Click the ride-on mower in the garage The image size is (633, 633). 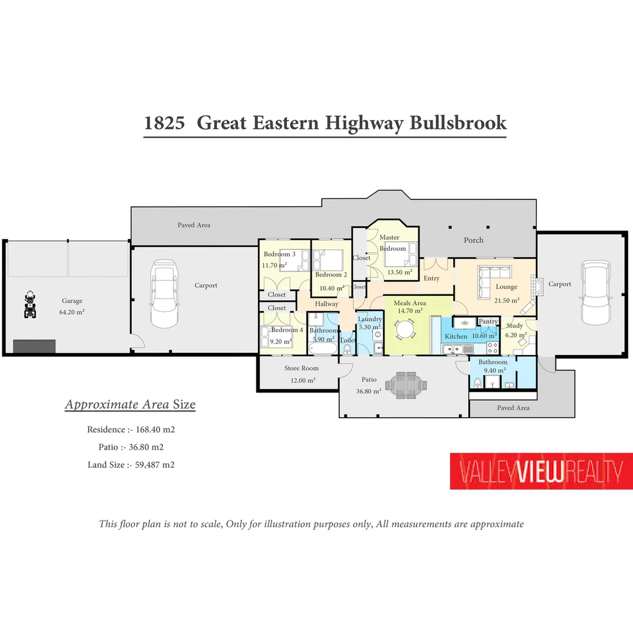[x=30, y=305]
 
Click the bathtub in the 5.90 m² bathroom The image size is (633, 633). [x=322, y=349]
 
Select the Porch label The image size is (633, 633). [x=474, y=240]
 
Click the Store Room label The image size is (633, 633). [x=301, y=369]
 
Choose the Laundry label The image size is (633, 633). [x=369, y=319]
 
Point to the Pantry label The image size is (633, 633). [x=488, y=321]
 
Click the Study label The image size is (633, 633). [x=515, y=326]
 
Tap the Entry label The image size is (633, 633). [x=431, y=278]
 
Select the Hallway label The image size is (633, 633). [x=326, y=304]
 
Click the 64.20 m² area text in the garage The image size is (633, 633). [x=72, y=312]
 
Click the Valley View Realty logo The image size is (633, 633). [x=541, y=471]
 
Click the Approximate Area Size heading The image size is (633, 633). [x=130, y=404]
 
